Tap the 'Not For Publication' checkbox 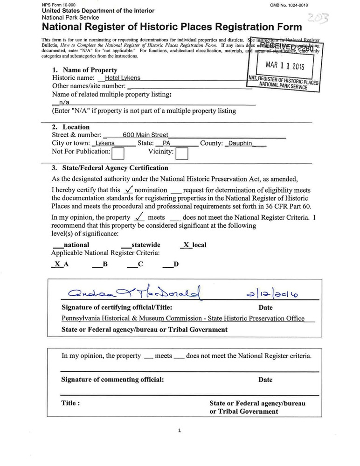pyautogui.click(x=118, y=153)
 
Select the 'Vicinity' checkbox pyautogui.click(x=181, y=153)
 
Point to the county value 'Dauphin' pyautogui.click(x=240, y=144)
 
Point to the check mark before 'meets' pyautogui.click(x=138, y=217)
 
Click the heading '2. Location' pyautogui.click(x=70, y=127)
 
